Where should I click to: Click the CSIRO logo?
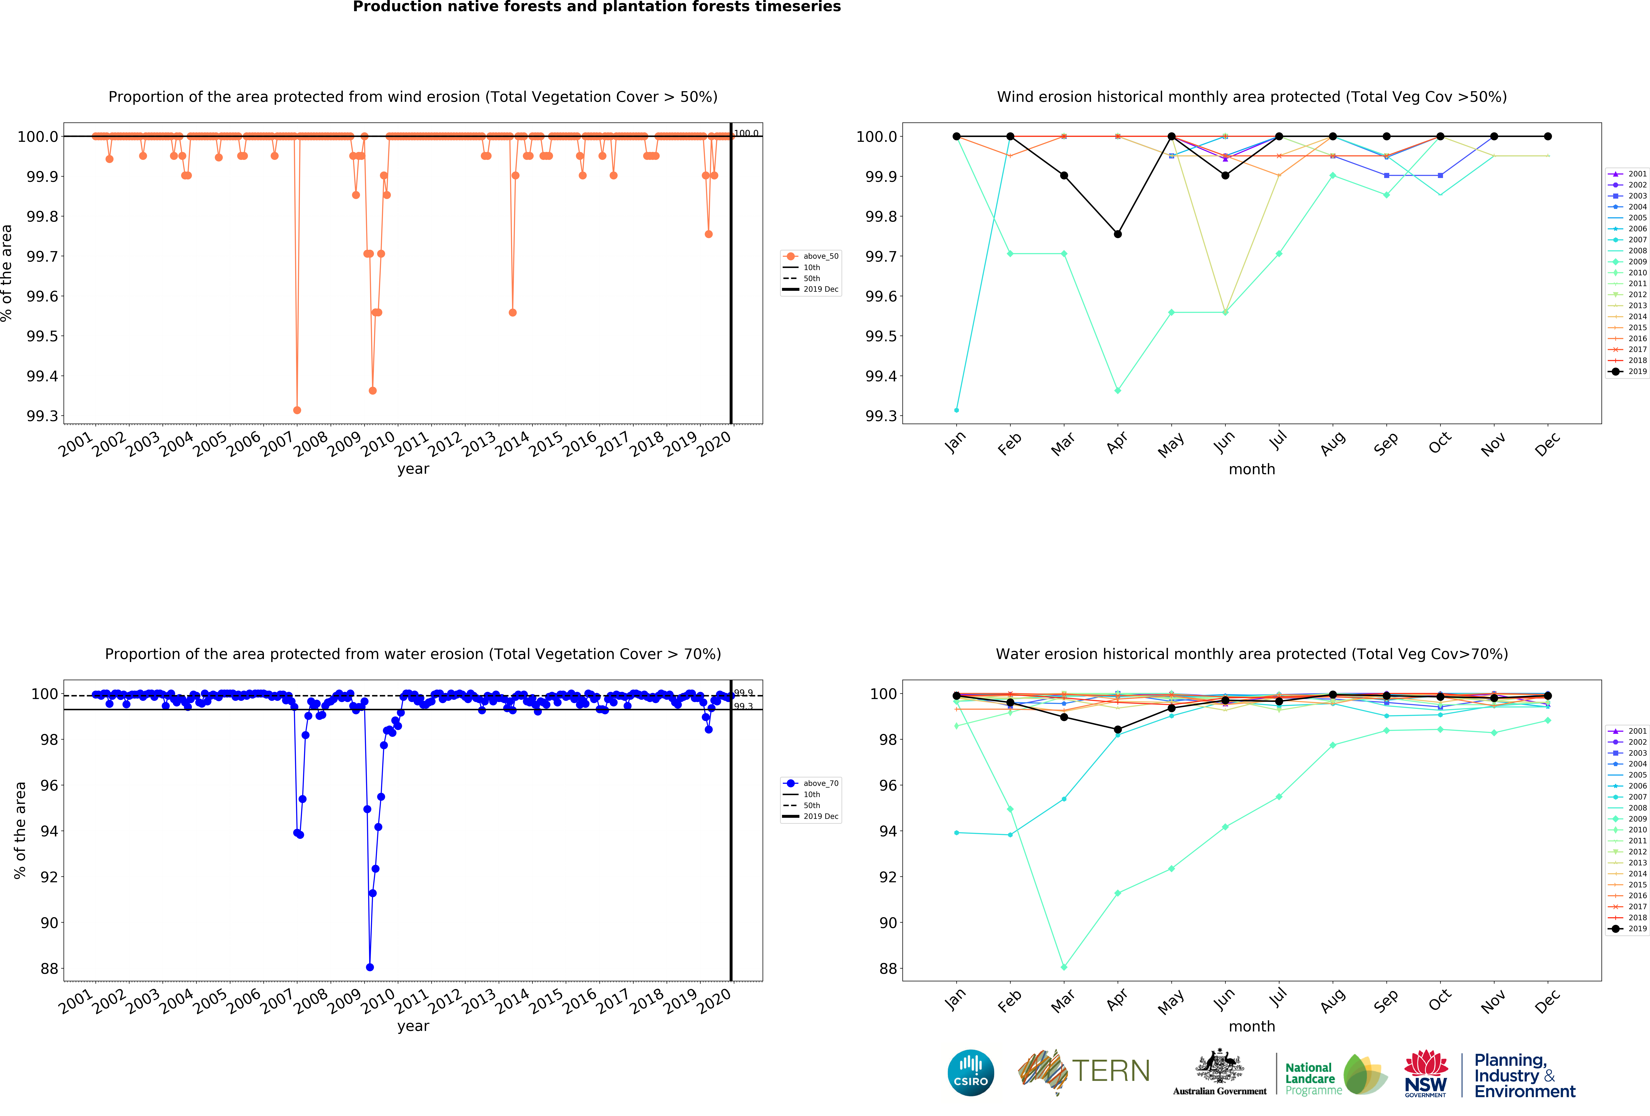[x=970, y=1073]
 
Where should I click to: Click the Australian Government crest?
[x=1219, y=1066]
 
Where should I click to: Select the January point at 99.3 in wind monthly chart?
[x=956, y=410]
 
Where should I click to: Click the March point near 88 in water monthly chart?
[x=1064, y=967]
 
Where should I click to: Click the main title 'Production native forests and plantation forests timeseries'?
[x=596, y=7]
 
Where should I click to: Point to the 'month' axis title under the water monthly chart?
[x=1252, y=1027]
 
